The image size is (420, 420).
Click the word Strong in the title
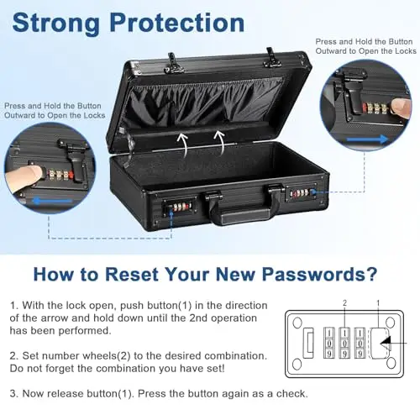coord(55,23)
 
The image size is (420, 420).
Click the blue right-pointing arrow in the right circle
coord(368,139)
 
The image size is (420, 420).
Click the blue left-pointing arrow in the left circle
coord(53,201)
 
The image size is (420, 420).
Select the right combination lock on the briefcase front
coord(302,192)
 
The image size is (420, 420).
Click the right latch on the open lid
coord(271,58)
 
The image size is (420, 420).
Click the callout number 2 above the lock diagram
coord(344,302)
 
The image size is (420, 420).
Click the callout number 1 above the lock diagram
coord(378,302)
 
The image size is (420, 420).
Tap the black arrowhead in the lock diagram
coord(386,343)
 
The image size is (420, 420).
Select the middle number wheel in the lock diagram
coord(344,343)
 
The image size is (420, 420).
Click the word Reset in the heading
coord(132,275)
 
